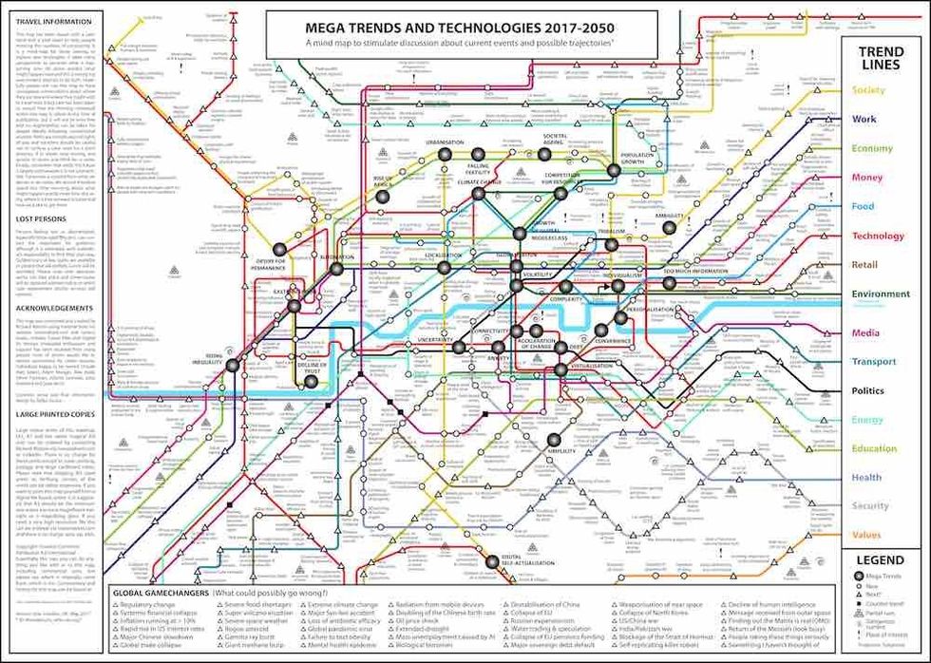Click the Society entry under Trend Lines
(868, 90)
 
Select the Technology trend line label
(878, 236)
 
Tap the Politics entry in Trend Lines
(867, 390)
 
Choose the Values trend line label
(866, 535)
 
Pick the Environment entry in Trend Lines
(880, 294)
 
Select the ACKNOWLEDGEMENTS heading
(54, 308)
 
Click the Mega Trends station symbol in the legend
(851, 578)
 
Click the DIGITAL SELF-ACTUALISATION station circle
(491, 561)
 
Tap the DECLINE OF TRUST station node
(311, 382)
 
